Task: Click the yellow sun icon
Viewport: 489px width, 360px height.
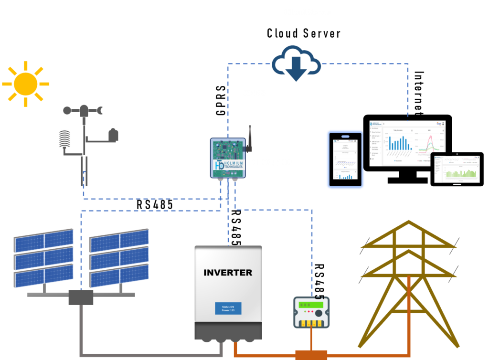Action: [25, 84]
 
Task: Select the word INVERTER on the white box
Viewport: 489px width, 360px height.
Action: [228, 273]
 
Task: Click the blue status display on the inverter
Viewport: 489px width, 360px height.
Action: [228, 308]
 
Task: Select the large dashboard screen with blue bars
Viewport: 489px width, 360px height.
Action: [407, 143]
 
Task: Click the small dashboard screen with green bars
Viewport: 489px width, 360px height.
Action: [457, 169]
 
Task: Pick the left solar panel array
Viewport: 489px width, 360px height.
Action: [43, 258]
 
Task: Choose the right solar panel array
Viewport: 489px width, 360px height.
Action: [119, 258]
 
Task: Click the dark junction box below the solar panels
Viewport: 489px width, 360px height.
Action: [81, 297]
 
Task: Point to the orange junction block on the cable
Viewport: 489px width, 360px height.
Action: [311, 355]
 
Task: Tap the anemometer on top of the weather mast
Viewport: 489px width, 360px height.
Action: [84, 111]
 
